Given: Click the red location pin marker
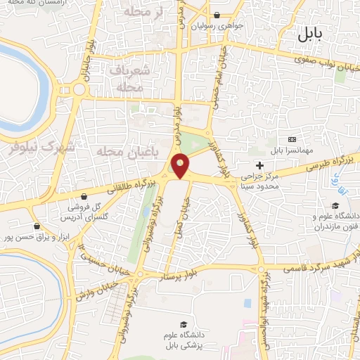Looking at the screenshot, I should pyautogui.click(x=181, y=166).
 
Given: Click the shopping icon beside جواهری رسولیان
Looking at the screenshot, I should pyautogui.click(x=217, y=15).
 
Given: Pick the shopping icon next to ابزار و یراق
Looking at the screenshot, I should pyautogui.click(x=37, y=226).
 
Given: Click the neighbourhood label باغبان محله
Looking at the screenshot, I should pyautogui.click(x=126, y=150).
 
